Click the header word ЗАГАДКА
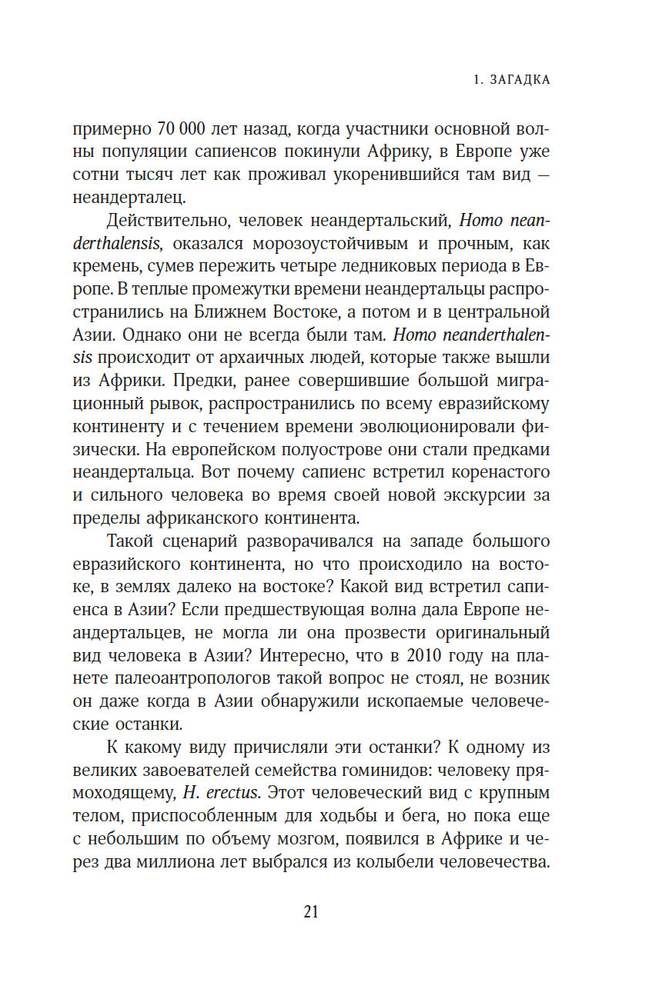pyautogui.click(x=520, y=80)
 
